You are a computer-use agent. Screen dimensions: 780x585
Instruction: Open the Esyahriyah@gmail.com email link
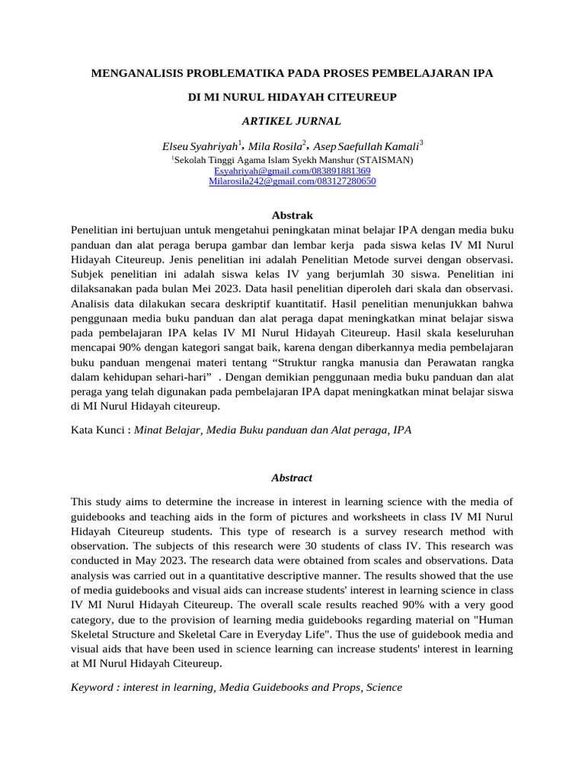click(x=292, y=171)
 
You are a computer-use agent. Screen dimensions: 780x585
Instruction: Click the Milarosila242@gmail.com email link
click(x=292, y=182)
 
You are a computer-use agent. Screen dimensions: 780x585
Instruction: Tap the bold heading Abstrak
click(x=292, y=216)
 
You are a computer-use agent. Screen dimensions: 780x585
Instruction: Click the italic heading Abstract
click(x=292, y=478)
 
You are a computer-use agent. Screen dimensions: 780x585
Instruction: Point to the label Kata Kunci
click(x=98, y=430)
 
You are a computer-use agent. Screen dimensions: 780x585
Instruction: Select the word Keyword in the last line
click(x=94, y=687)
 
